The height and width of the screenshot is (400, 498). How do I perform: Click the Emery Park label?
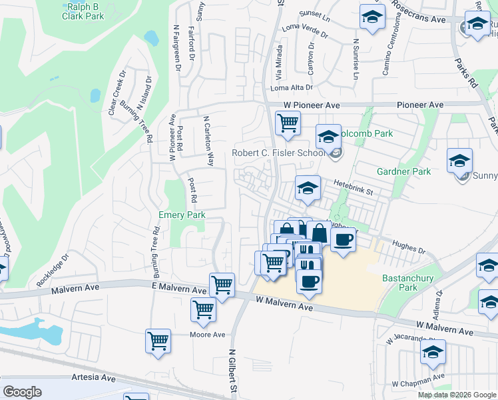[x=182, y=215]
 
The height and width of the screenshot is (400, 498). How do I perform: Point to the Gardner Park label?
[x=403, y=171]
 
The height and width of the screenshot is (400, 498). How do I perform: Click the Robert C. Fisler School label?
[x=278, y=153]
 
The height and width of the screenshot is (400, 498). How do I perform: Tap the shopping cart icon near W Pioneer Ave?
[x=288, y=123]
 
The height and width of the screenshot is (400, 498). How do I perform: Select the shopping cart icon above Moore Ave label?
[x=202, y=309]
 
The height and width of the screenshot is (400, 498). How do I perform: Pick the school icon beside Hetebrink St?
[x=307, y=189]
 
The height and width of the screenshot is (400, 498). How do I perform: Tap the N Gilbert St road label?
[x=232, y=371]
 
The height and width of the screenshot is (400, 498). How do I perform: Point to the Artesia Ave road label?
[x=93, y=378]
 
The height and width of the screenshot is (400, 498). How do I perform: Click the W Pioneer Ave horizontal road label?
[x=312, y=105]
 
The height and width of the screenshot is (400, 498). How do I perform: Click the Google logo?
[x=23, y=392]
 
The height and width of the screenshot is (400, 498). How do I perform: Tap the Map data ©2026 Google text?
[x=456, y=395]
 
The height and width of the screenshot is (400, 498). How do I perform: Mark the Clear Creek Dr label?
[x=117, y=93]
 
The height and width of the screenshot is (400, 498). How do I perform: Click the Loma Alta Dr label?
[x=291, y=88]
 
